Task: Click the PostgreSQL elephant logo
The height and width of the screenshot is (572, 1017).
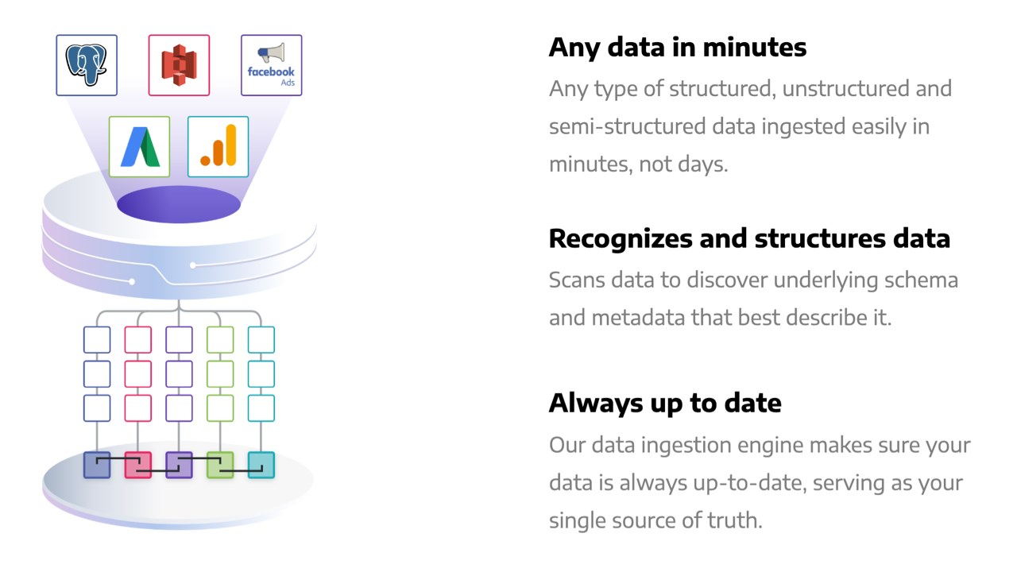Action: [x=87, y=65]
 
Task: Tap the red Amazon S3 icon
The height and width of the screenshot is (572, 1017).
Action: [x=179, y=65]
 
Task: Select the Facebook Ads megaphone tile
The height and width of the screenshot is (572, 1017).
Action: [x=272, y=65]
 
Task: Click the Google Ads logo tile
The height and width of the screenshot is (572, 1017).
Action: [x=139, y=147]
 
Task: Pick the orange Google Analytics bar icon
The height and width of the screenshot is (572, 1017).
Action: [x=218, y=147]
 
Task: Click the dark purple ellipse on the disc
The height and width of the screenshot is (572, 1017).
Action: [x=179, y=204]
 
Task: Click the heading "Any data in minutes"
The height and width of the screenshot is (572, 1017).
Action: [x=678, y=48]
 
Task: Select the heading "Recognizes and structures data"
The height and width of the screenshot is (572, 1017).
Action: [x=749, y=239]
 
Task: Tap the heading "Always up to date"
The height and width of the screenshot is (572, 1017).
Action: [x=665, y=403]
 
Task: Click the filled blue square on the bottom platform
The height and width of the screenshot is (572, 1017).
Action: [x=97, y=465]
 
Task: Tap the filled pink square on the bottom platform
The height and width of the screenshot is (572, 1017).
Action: [x=138, y=465]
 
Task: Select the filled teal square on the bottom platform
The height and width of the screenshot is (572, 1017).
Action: [x=261, y=465]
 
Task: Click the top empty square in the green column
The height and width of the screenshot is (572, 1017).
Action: [x=220, y=339]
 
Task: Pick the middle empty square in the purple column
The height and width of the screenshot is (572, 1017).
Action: [x=179, y=374]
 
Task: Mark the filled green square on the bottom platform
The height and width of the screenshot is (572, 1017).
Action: [x=220, y=465]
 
